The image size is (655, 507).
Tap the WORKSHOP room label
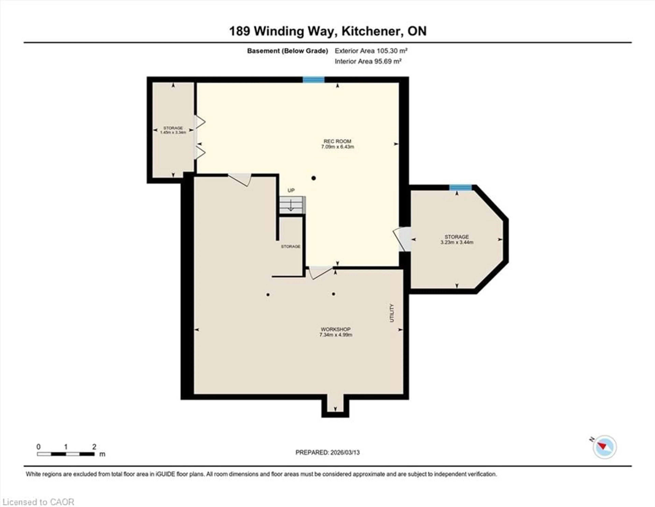[335, 329]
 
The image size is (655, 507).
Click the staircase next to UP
[292, 205]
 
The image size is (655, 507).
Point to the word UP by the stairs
[291, 190]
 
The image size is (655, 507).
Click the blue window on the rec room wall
[313, 80]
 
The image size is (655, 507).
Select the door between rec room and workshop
[320, 272]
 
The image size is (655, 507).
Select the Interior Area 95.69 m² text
[368, 61]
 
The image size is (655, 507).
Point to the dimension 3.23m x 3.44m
[457, 242]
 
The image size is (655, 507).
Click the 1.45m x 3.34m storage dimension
[173, 132]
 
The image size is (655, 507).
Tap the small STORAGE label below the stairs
[290, 247]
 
